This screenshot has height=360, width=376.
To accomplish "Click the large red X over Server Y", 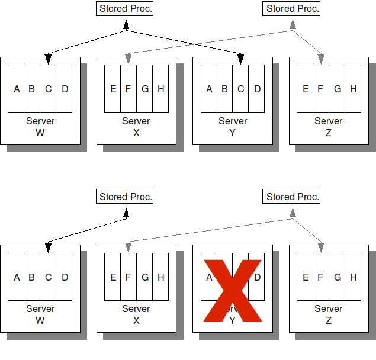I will (x=232, y=290).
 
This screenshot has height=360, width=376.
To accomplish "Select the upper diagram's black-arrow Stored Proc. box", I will (x=125, y=9).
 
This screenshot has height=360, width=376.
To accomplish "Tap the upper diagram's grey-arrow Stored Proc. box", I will (x=293, y=9).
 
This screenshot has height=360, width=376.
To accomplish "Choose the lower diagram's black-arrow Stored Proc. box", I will (x=125, y=197).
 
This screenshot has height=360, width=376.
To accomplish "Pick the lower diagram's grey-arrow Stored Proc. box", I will (x=293, y=197).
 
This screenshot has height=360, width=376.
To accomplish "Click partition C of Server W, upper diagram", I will (x=49, y=89).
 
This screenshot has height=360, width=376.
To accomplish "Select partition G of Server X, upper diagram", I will (x=144, y=89).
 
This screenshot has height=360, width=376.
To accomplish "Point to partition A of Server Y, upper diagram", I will (x=209, y=89).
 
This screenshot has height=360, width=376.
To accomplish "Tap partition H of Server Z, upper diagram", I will (x=353, y=89).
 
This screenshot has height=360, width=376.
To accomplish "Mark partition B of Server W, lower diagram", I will (x=32, y=277).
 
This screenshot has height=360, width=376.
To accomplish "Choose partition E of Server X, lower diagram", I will (x=113, y=277).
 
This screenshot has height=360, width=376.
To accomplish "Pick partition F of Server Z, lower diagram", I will (x=320, y=277).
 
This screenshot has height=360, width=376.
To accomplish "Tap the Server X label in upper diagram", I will (x=136, y=127).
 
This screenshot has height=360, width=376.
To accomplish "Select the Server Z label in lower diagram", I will (x=329, y=314).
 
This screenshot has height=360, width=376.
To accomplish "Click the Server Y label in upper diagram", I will (x=233, y=127).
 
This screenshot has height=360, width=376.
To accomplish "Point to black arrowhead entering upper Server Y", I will (x=240, y=59).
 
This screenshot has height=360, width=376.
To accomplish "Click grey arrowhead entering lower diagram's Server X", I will (x=128, y=246).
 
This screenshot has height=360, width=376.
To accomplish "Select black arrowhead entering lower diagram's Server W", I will (x=49, y=246).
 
